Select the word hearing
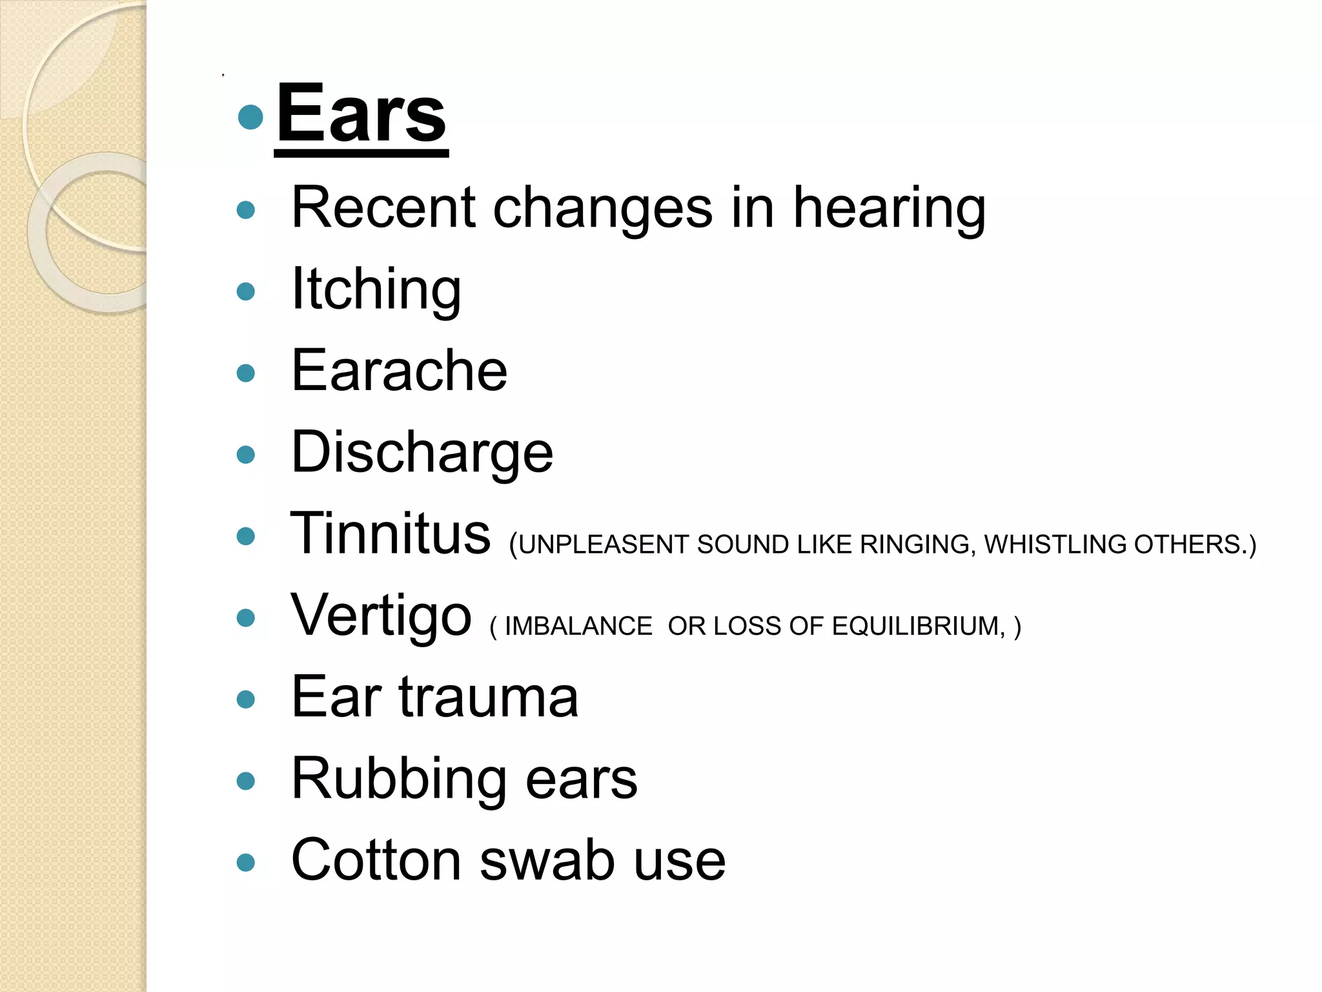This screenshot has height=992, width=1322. (x=889, y=209)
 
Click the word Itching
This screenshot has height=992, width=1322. (x=376, y=290)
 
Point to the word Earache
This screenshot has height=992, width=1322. (x=399, y=371)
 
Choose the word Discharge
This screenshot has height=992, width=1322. (x=422, y=452)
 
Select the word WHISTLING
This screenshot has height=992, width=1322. (x=1056, y=544)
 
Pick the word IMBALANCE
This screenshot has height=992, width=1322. (x=578, y=626)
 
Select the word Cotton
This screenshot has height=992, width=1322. (x=376, y=860)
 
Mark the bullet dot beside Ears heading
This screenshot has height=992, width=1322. (x=250, y=118)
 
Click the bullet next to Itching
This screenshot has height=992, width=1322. (x=246, y=291)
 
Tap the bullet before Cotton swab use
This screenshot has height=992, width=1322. (x=246, y=862)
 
